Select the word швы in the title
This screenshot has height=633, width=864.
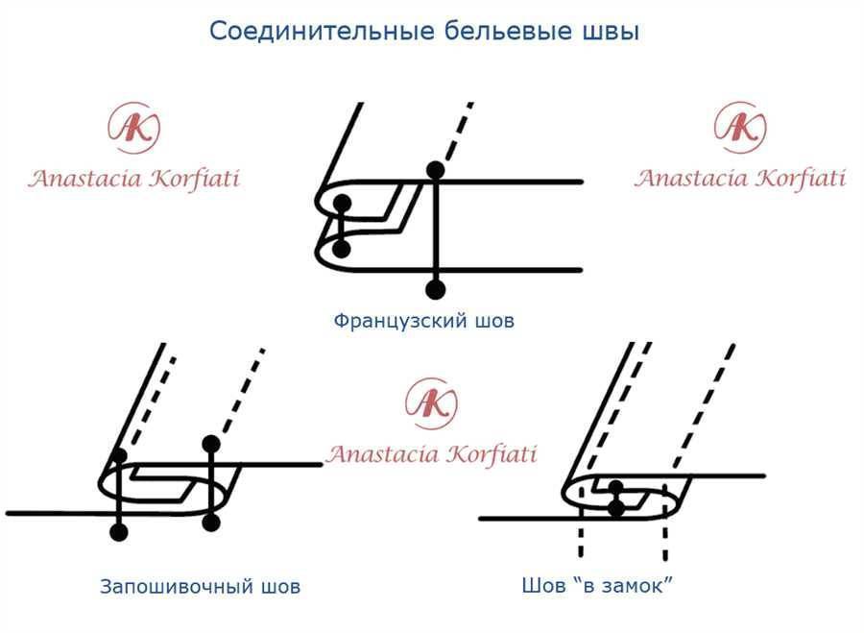click(611, 32)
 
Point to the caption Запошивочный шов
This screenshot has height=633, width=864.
click(200, 586)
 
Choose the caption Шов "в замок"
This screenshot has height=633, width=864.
click(596, 585)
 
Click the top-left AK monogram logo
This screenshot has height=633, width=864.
click(134, 129)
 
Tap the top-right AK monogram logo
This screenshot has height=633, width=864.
click(740, 127)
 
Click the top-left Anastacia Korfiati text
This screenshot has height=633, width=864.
click(133, 179)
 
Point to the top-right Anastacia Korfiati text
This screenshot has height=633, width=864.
click(740, 178)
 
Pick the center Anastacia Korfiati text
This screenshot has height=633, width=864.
click(431, 453)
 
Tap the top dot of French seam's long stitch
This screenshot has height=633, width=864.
click(435, 170)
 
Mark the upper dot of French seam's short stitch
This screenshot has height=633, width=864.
click(341, 202)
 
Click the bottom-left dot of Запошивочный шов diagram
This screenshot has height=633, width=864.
click(119, 532)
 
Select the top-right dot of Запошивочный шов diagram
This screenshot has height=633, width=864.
click(212, 444)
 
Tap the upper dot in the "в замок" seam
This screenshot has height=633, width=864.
click(617, 487)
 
